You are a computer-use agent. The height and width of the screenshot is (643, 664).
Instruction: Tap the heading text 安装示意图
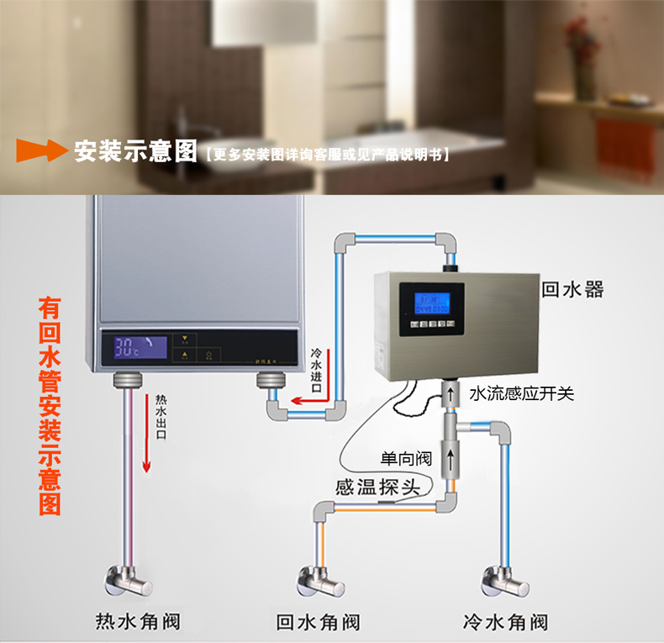tap(134, 152)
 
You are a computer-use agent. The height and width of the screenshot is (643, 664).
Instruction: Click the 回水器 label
tap(572, 290)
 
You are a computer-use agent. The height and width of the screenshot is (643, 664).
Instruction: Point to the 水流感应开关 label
tap(521, 393)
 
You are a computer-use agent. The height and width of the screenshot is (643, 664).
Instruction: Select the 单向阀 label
tap(406, 459)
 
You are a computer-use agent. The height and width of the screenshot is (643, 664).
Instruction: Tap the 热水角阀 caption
tap(139, 622)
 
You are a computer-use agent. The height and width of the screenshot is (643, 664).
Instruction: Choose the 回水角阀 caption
tap(319, 622)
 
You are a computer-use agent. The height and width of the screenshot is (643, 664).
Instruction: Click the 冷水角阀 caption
tap(505, 622)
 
